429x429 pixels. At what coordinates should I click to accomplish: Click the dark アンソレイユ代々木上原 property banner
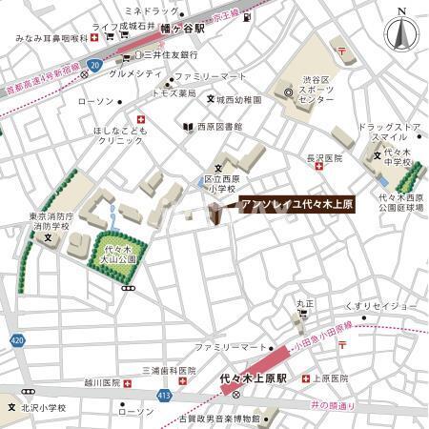295,203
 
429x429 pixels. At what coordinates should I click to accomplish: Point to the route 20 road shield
93,65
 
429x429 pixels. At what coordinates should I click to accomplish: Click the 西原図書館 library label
218,126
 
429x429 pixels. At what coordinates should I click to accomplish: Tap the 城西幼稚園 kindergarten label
237,98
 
